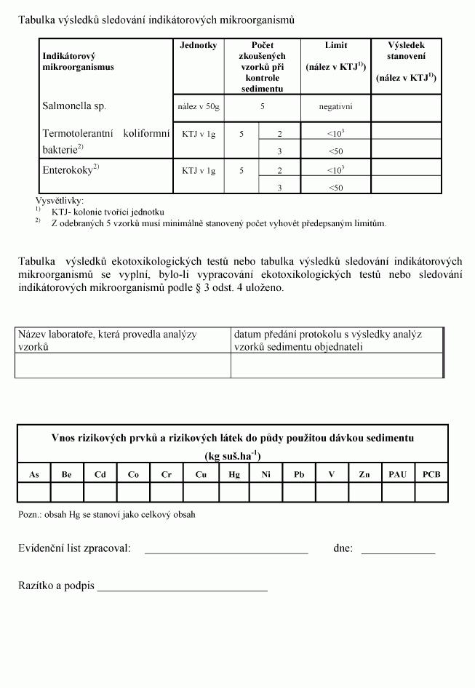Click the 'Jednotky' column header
click(199, 46)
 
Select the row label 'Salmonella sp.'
click(74, 106)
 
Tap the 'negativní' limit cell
click(335, 106)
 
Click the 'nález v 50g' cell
click(199, 106)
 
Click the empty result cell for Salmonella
click(406, 106)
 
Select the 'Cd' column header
click(100, 474)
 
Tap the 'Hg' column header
click(233, 474)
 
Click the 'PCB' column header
click(431, 474)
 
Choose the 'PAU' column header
click(397, 474)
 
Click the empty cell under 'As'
click(34, 492)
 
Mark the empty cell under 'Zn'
click(364, 492)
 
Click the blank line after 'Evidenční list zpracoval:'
click(226, 550)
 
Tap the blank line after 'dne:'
click(398, 550)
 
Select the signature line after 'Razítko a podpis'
click(182, 587)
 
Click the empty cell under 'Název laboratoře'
click(122, 366)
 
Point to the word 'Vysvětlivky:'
click(60, 201)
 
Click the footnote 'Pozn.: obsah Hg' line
click(106, 514)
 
